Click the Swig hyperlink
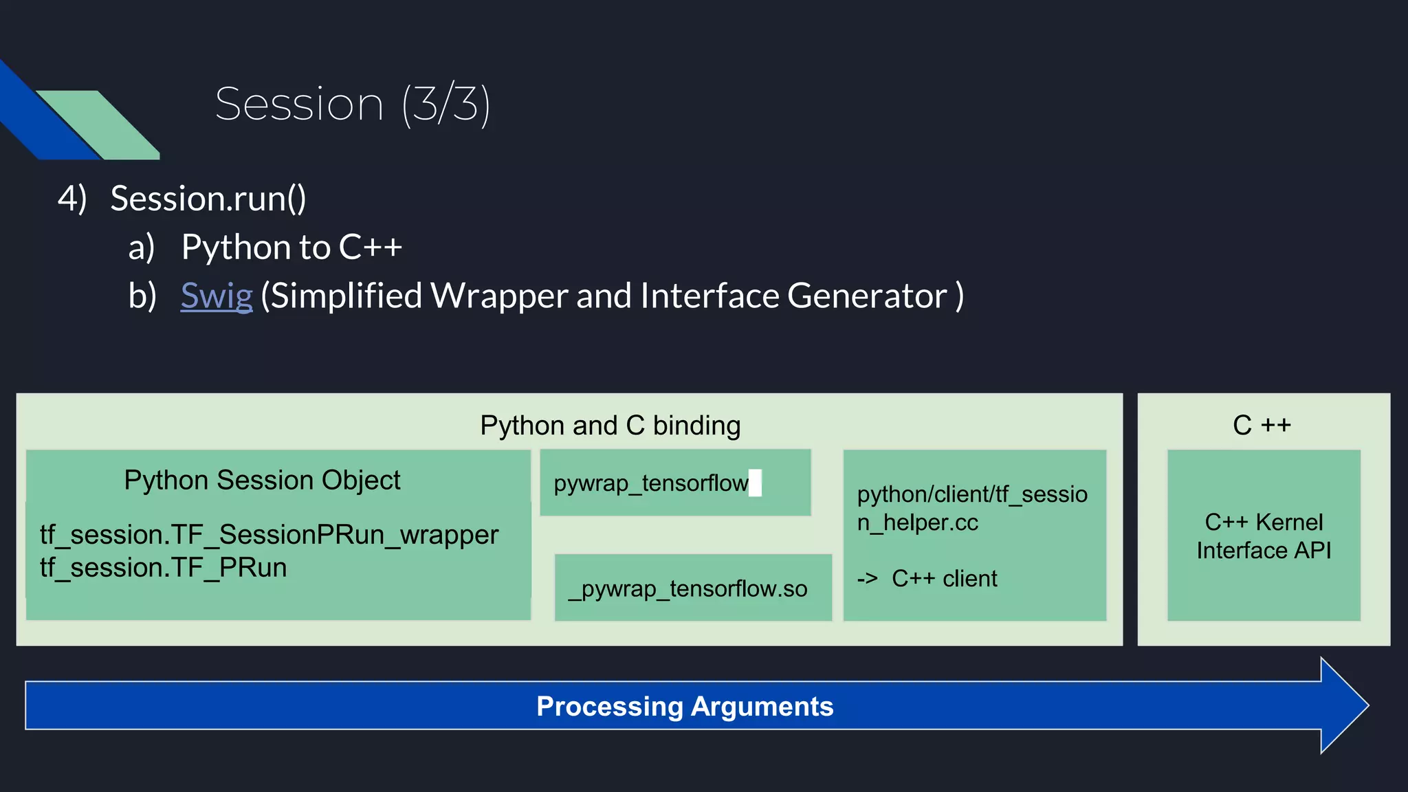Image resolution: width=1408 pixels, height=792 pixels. click(217, 296)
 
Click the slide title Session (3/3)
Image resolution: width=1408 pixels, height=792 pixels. click(352, 104)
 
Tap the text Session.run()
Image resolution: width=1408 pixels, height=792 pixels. click(208, 199)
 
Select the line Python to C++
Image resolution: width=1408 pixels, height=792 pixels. click(291, 247)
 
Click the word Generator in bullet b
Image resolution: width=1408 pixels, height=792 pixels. click(867, 296)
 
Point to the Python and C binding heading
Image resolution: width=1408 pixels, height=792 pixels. click(610, 426)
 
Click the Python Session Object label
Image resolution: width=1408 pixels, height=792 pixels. click(262, 480)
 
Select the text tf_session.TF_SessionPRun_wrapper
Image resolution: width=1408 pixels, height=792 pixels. click(269, 535)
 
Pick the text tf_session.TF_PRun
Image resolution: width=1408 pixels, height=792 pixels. click(164, 568)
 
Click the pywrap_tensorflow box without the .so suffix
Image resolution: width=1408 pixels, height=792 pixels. click(650, 483)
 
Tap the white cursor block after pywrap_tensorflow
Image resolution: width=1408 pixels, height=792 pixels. click(755, 483)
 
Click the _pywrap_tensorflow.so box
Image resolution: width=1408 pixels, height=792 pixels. click(687, 588)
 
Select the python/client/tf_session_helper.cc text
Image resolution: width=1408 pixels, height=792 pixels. click(971, 508)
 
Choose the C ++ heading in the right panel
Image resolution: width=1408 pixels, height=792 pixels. click(1262, 426)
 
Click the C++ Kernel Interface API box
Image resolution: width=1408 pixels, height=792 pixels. click(1264, 536)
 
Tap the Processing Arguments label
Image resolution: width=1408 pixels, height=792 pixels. click(685, 707)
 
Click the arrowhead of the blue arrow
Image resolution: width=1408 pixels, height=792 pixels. click(1343, 705)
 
